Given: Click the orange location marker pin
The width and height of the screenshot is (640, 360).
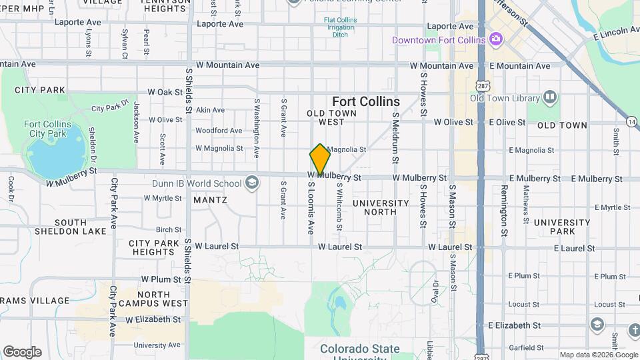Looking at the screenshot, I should [x=320, y=159].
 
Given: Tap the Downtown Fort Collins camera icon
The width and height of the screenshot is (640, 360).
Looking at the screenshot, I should [x=495, y=39].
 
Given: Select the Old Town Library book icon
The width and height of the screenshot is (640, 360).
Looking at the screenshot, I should [x=550, y=98].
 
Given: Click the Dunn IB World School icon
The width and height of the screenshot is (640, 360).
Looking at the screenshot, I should [x=252, y=183].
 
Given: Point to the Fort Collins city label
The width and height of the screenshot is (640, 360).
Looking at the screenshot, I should [x=366, y=102].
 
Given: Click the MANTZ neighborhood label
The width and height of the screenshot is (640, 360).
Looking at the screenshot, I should [x=210, y=199].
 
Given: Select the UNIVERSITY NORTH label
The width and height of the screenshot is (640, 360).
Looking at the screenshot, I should [x=381, y=207].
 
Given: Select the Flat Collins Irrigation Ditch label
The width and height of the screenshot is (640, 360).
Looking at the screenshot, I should [x=340, y=27].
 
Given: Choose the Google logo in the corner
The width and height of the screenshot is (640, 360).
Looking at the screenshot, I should [x=22, y=352].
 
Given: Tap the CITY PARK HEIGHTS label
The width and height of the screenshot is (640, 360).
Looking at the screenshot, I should [x=153, y=247].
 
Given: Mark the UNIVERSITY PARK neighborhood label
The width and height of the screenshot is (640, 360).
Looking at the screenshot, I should [x=561, y=227].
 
